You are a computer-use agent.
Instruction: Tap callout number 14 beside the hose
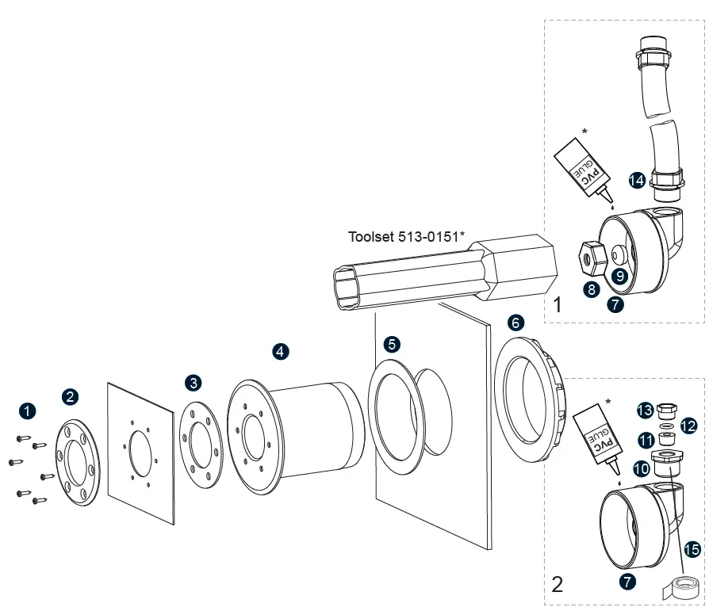(x=636, y=180)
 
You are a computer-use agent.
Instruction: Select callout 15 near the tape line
(x=692, y=548)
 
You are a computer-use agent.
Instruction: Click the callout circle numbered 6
(x=516, y=322)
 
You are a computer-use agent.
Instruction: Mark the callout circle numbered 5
(x=392, y=344)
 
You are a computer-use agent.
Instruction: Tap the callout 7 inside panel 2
(x=628, y=581)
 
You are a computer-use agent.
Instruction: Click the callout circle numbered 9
(x=619, y=276)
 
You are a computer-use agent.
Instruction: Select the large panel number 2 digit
(x=558, y=586)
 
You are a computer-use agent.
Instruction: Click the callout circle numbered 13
(x=645, y=410)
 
